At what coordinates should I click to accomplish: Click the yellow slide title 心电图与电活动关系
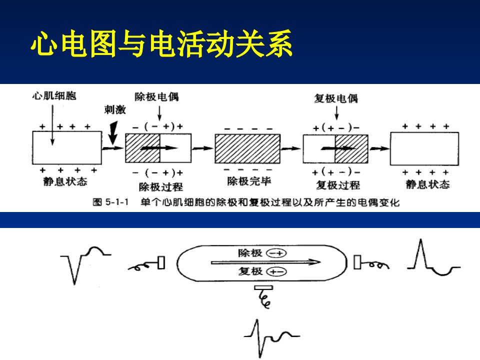(161, 44)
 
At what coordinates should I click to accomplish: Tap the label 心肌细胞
(54, 96)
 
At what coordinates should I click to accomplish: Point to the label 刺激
(115, 109)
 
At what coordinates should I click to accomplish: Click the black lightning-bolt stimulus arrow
(113, 132)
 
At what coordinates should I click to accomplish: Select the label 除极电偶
(156, 96)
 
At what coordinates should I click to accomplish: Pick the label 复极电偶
(336, 98)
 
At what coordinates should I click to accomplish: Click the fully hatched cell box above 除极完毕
(247, 148)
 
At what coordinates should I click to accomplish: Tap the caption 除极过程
(160, 186)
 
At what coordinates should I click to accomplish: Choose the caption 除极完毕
(249, 181)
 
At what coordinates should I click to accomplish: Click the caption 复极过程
(337, 185)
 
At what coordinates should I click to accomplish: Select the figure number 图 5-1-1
(110, 202)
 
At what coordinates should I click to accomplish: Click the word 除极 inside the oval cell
(250, 253)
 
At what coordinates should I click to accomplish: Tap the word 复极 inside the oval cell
(250, 271)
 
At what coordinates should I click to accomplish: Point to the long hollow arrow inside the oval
(265, 262)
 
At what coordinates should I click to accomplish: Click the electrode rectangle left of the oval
(161, 262)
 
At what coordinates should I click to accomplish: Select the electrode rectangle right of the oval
(357, 262)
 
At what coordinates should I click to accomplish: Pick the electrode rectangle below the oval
(263, 287)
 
